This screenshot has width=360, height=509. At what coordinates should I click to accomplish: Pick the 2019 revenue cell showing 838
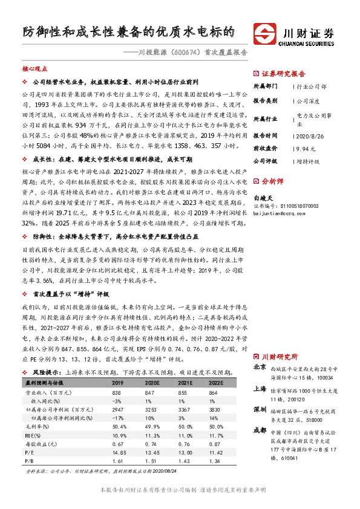118,392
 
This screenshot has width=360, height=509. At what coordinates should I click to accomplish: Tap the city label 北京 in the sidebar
259,366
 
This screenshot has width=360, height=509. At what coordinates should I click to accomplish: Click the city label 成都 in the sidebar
259,430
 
